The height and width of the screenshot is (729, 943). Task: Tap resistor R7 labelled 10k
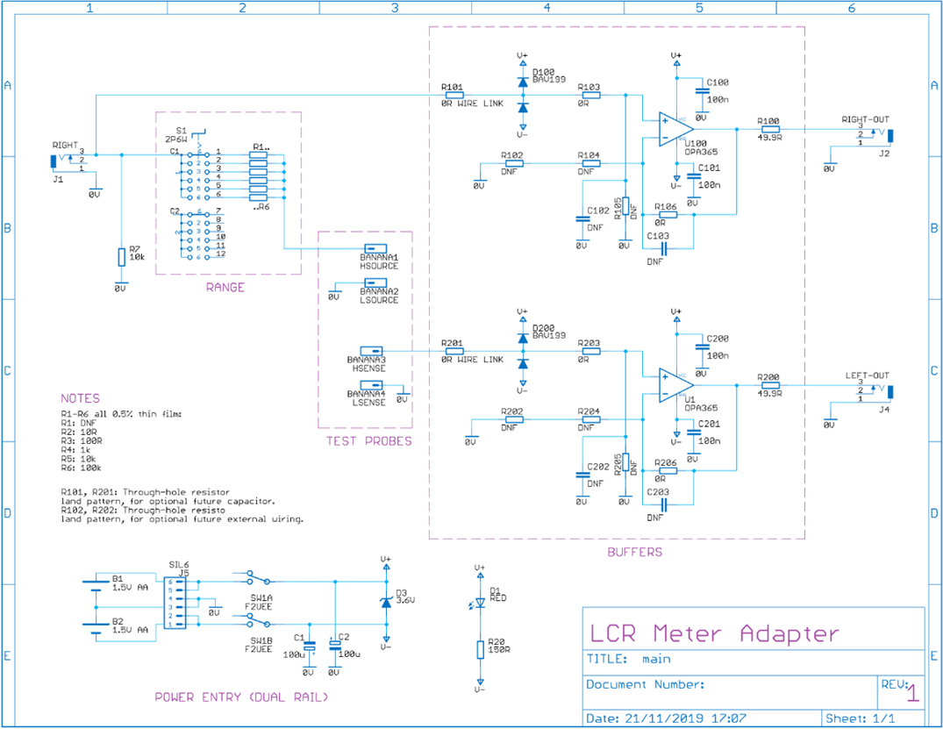[x=121, y=256]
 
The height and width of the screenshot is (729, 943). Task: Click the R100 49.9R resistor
[x=770, y=129]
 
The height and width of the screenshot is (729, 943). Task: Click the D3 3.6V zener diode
[x=385, y=601]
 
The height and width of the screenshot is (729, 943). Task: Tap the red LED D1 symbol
[x=479, y=604]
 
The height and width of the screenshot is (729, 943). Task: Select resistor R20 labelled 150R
[x=480, y=648]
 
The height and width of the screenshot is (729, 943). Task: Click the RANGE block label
[x=225, y=287]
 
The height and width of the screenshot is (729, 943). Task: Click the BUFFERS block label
[x=636, y=553]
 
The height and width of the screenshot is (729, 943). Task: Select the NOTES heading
[x=80, y=398]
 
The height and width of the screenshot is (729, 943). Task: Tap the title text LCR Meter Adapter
[x=713, y=633]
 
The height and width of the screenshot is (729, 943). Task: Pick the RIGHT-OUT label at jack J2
[x=865, y=118]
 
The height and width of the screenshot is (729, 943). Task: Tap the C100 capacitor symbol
[x=701, y=90]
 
